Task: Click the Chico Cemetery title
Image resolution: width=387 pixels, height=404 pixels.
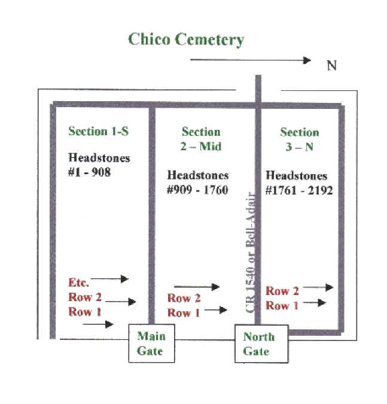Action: [x=186, y=40]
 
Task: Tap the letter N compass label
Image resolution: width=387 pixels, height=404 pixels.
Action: [x=331, y=65]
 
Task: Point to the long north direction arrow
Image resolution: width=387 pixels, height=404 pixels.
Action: [x=251, y=60]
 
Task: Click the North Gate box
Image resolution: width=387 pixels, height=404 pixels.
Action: [x=259, y=344]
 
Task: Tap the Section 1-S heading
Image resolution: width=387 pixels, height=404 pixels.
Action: [x=98, y=131]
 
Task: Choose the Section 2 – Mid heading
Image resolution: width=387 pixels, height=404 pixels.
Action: [x=201, y=139]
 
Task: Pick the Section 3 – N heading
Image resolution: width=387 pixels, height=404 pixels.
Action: [x=299, y=139]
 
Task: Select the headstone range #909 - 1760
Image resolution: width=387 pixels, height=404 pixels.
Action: [x=197, y=183]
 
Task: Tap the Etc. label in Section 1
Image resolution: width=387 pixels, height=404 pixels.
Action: [x=79, y=283]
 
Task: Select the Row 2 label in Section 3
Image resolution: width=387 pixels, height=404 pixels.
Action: [x=282, y=291]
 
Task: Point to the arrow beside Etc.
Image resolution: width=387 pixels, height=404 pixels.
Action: [x=110, y=278]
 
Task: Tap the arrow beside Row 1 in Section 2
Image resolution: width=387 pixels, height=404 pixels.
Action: [x=215, y=310]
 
